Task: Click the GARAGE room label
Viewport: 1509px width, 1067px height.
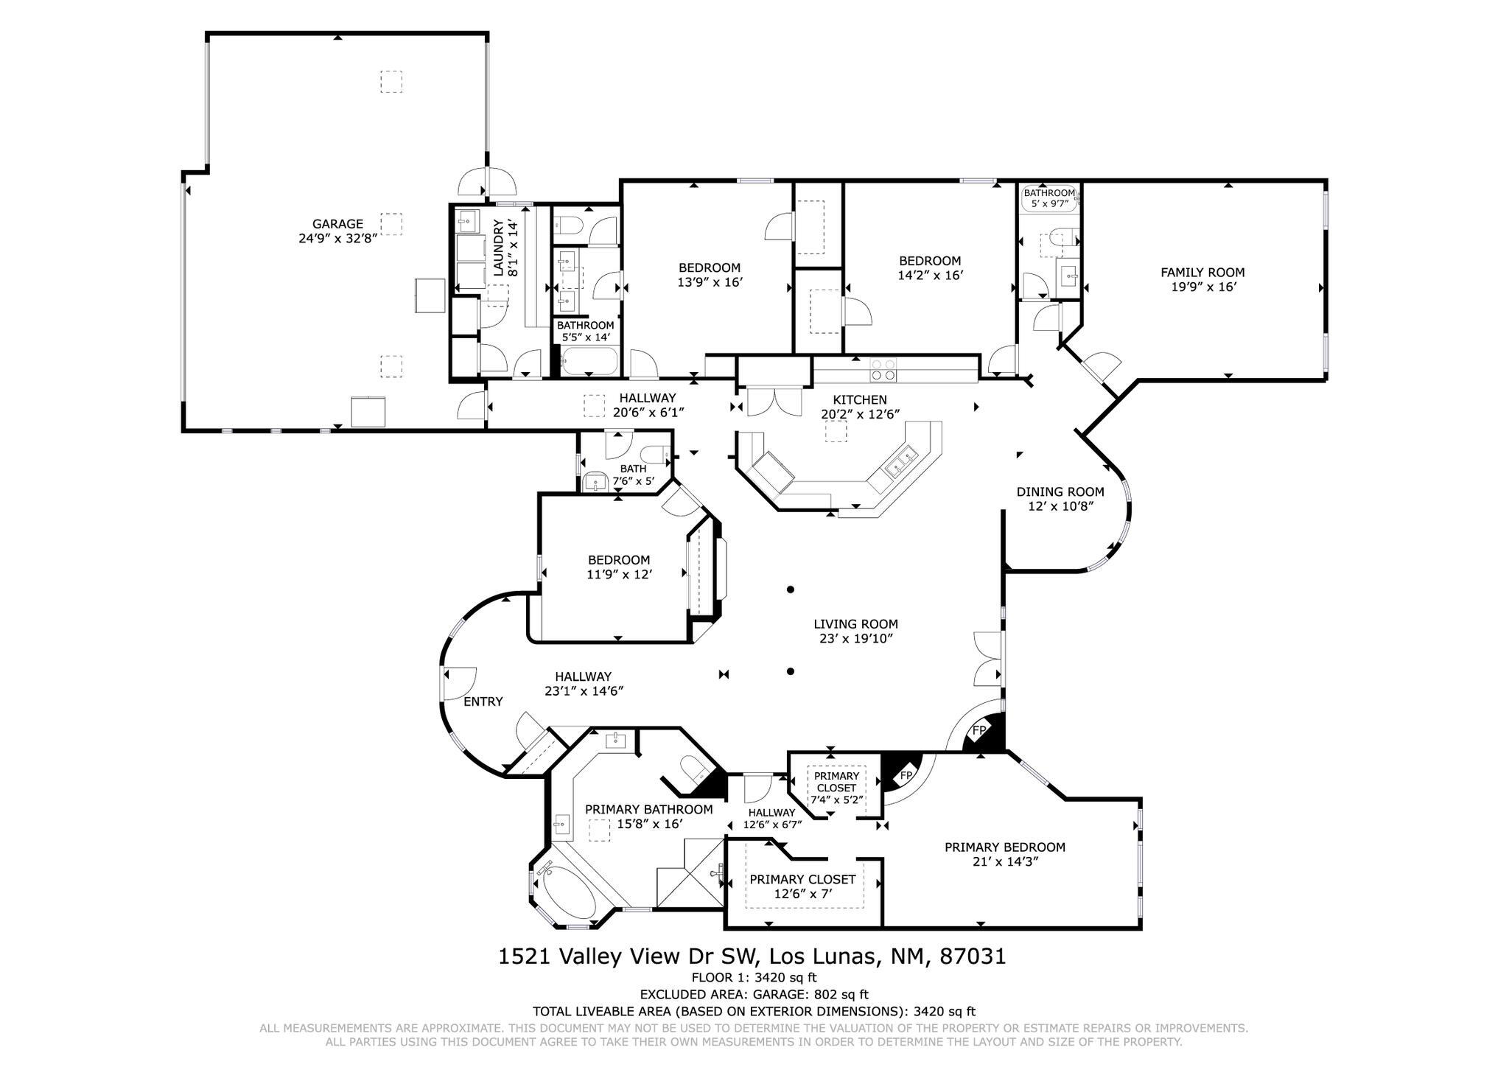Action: click(337, 224)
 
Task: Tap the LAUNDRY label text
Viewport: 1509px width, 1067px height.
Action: click(499, 247)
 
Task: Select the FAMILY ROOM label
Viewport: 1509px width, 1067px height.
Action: click(1202, 272)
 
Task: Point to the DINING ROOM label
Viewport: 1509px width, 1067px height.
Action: click(1060, 491)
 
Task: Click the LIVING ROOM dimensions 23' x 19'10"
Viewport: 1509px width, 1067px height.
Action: click(855, 639)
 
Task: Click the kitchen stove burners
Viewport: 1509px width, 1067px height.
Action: click(883, 369)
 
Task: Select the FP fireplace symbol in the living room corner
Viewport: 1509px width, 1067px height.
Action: click(979, 730)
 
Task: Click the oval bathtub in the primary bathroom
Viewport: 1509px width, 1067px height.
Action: click(569, 894)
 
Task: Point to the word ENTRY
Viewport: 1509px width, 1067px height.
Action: click(483, 702)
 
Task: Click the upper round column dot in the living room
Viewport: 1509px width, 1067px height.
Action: click(790, 590)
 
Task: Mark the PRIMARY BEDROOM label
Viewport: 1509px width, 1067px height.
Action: click(1005, 847)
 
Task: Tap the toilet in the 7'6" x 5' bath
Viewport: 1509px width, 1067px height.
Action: click(652, 454)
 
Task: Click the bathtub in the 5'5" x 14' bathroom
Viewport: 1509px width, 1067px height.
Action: click(589, 363)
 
